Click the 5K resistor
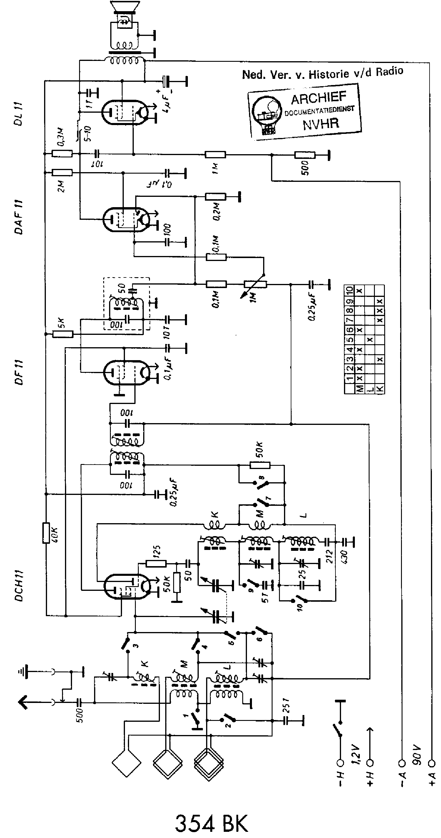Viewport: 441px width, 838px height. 62,334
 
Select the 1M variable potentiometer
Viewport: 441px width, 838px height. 255,284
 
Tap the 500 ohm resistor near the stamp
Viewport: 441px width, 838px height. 305,155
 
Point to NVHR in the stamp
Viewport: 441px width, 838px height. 321,124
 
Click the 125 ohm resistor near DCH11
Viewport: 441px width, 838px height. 156,563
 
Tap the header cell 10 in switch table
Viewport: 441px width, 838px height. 349,290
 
